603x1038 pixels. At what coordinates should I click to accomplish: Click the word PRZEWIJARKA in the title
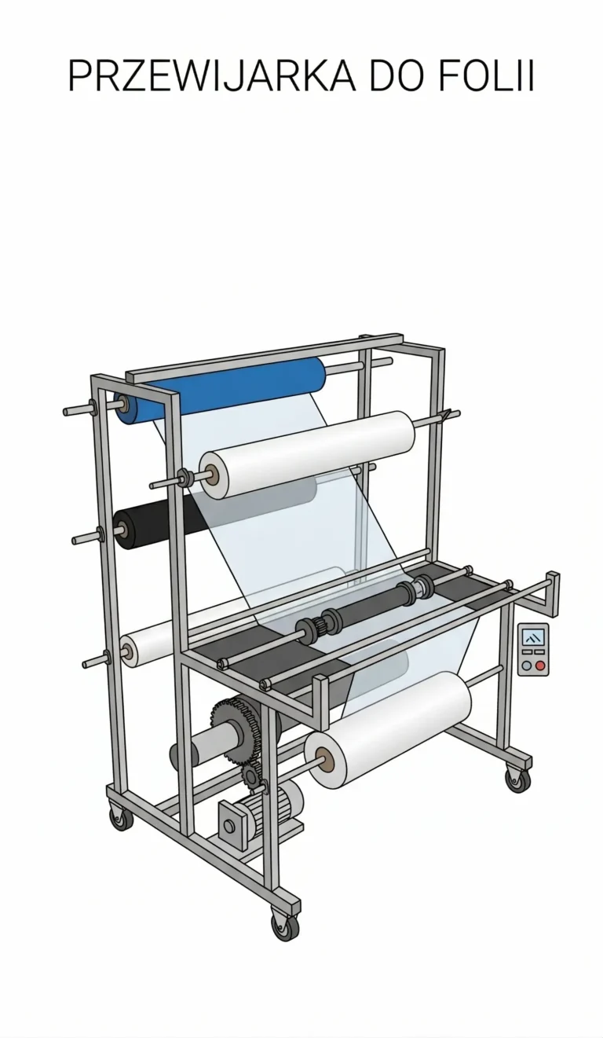[212, 75]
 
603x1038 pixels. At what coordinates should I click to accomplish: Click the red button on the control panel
[540, 666]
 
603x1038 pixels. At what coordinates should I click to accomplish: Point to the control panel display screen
[533, 637]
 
